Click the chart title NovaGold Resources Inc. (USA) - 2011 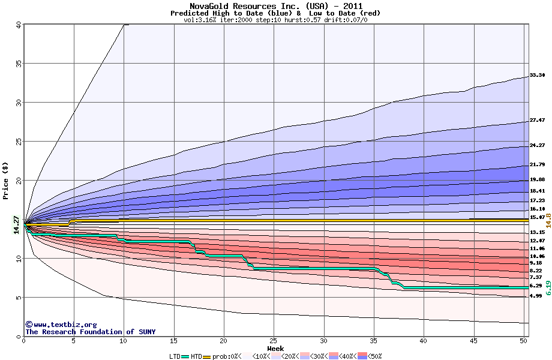pos(275,6)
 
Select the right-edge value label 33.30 pos(537,76)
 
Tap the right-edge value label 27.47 pos(537,121)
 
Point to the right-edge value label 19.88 pos(537,179)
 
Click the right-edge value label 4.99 pos(536,296)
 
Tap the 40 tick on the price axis pos(18,25)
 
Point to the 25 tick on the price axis pos(18,142)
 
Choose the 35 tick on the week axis pos(373,341)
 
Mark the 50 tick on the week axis pos(523,341)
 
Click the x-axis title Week pos(275,349)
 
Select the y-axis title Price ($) pos(5,180)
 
